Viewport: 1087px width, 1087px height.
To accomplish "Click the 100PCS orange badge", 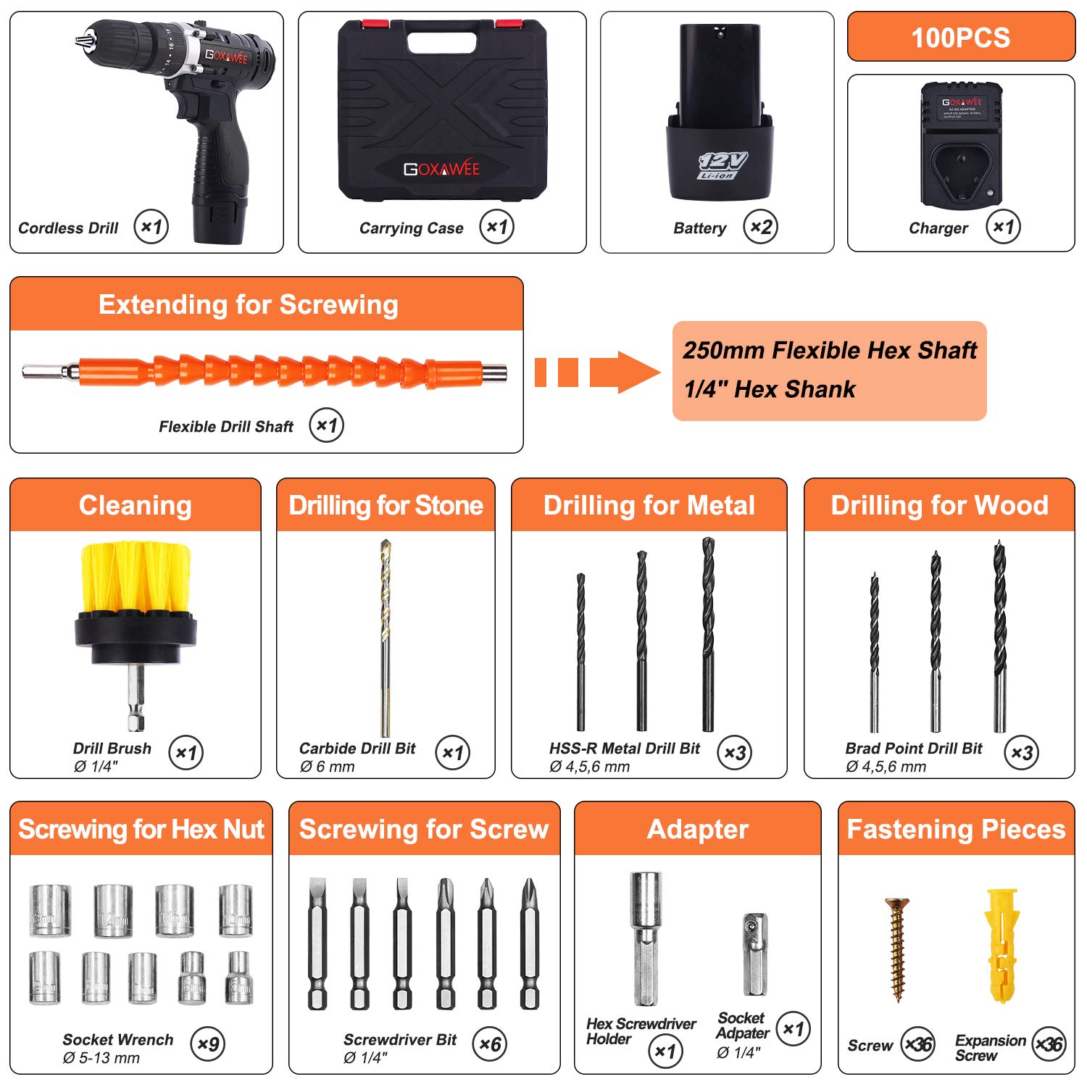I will coord(961,37).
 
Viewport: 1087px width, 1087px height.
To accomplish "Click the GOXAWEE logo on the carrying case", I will coord(441,169).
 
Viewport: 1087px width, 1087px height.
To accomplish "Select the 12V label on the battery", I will coord(722,164).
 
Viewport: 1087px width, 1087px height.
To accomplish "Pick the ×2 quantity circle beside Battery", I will coord(760,227).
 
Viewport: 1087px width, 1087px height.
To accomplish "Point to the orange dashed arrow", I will coord(596,372).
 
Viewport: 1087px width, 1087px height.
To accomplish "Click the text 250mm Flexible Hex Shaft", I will coord(830,351).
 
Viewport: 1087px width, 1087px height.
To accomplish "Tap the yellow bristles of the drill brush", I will coord(136,576).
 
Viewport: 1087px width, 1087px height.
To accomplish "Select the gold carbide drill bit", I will coord(386,638).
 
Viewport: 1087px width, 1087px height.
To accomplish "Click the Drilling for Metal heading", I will coord(649,505).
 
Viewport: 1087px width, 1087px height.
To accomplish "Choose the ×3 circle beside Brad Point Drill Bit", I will coord(1021,753).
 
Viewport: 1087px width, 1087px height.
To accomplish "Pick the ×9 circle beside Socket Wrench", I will coord(208,1044).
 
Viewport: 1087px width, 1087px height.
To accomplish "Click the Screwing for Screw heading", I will coord(424,829).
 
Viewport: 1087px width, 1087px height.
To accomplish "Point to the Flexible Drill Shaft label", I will coord(226,427).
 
